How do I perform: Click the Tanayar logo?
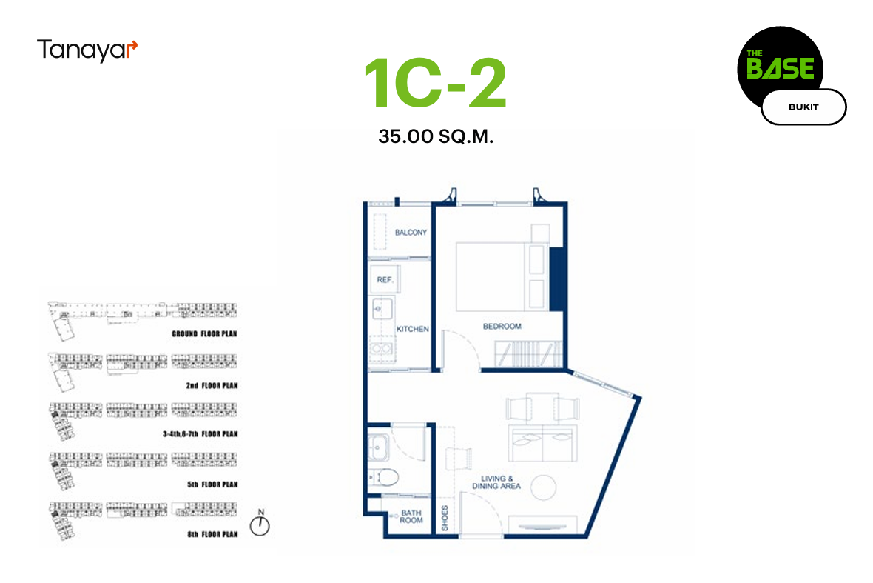pyautogui.click(x=87, y=50)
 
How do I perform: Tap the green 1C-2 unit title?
pyautogui.click(x=435, y=82)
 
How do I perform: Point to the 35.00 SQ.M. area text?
pyautogui.click(x=435, y=136)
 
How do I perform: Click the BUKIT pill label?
pyautogui.click(x=803, y=107)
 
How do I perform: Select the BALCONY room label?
pyautogui.click(x=411, y=233)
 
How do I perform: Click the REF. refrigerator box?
pyautogui.click(x=385, y=280)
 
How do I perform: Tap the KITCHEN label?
pyautogui.click(x=413, y=330)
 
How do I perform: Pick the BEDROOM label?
pyautogui.click(x=502, y=326)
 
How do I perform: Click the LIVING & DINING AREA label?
pyautogui.click(x=496, y=482)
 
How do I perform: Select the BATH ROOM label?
pyautogui.click(x=411, y=516)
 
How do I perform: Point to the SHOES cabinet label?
pyautogui.click(x=445, y=518)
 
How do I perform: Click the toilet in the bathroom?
pyautogui.click(x=384, y=478)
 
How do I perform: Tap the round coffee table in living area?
pyautogui.click(x=543, y=487)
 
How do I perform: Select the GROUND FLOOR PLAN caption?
pyautogui.click(x=204, y=334)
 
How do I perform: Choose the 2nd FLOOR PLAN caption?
pyautogui.click(x=212, y=386)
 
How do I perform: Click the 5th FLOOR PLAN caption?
pyautogui.click(x=212, y=485)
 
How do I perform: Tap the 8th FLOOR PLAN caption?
pyautogui.click(x=212, y=535)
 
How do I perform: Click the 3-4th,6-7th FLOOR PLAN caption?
pyautogui.click(x=200, y=434)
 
